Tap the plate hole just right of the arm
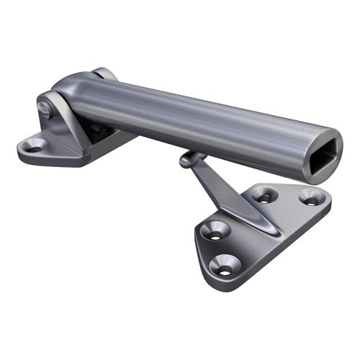point(265,194)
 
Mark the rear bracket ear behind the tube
point(103,73)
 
